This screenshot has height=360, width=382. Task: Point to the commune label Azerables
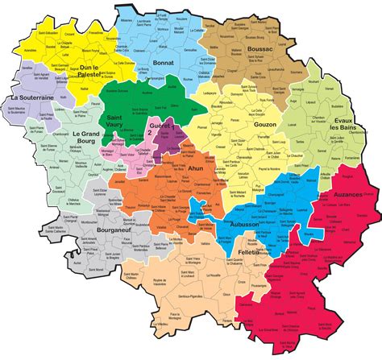point(31,49)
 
